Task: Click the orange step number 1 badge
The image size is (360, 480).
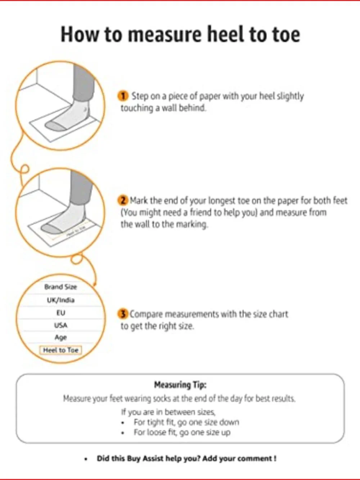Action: (x=123, y=96)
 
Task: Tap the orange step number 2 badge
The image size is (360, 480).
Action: (x=123, y=201)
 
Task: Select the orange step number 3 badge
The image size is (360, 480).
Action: (x=123, y=314)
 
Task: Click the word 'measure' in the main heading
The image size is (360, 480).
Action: (x=165, y=34)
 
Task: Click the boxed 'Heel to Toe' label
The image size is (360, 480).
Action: (x=60, y=350)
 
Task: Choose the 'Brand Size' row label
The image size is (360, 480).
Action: (x=60, y=287)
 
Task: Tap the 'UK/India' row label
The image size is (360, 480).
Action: (x=61, y=300)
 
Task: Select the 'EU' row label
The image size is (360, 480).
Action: (x=61, y=313)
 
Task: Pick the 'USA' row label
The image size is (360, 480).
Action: (x=61, y=326)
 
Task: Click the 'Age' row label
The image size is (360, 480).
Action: (x=60, y=338)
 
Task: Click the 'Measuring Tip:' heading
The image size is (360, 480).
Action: (x=180, y=385)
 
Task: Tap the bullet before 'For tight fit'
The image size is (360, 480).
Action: (x=123, y=423)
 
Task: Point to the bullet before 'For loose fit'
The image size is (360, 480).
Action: (x=123, y=433)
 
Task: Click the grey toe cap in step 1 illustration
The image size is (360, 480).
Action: (x=55, y=126)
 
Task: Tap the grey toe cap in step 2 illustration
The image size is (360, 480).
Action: (x=51, y=229)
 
